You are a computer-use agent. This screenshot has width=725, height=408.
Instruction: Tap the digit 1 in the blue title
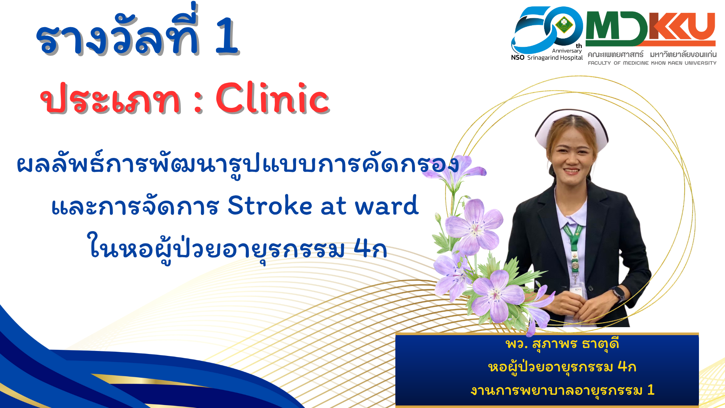(x=227, y=36)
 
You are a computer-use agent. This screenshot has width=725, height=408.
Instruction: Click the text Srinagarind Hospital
(x=555, y=58)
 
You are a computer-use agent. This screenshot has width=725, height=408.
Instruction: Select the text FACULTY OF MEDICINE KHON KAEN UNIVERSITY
(x=652, y=63)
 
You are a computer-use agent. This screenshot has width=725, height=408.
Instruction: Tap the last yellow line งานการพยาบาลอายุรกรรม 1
(x=562, y=390)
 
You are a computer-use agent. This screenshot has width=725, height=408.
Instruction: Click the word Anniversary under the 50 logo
(x=567, y=51)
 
